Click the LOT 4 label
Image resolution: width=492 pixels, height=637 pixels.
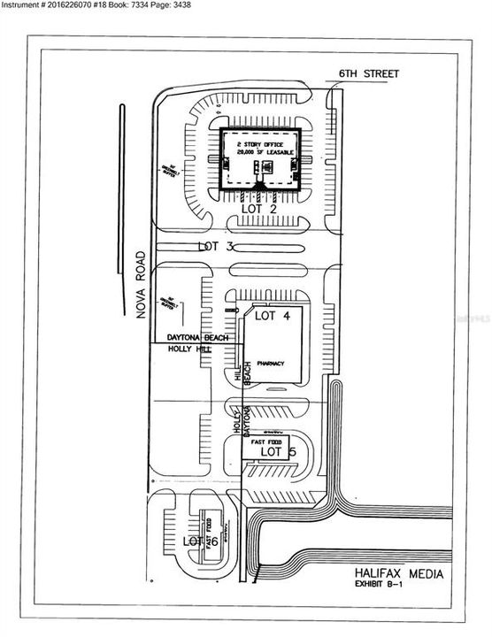pyautogui.click(x=273, y=316)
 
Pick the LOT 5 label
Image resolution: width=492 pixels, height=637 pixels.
pyautogui.click(x=277, y=452)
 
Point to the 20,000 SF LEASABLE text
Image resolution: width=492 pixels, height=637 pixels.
pyautogui.click(x=261, y=152)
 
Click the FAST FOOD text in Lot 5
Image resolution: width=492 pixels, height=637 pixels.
pyautogui.click(x=265, y=441)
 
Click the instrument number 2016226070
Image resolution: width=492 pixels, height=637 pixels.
pyautogui.click(x=76, y=6)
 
